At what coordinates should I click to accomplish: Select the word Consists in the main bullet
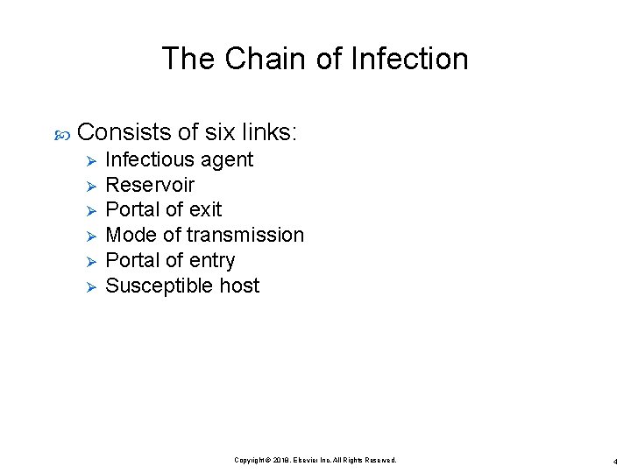(124, 132)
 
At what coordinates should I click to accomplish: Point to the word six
(220, 132)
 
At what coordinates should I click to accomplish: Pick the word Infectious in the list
(150, 159)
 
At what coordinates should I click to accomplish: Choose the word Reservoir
(150, 185)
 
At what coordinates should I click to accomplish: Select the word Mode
(130, 235)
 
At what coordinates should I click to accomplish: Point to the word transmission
(245, 235)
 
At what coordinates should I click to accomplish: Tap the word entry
(211, 261)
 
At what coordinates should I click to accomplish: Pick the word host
(239, 286)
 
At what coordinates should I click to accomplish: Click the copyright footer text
(315, 460)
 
